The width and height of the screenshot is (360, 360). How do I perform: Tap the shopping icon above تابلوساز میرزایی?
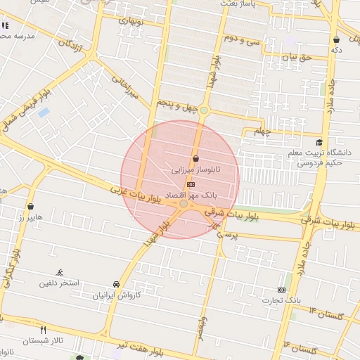195,159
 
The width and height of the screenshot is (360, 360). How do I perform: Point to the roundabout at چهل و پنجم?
204,110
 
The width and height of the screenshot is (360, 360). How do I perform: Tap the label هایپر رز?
32,217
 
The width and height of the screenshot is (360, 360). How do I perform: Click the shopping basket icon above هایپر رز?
31,207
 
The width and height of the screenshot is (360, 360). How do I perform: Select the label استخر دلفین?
60,283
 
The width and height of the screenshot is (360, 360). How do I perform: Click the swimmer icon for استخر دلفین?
59,272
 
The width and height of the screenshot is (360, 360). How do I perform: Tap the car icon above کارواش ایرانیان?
116,284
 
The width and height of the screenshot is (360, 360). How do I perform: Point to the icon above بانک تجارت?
283,290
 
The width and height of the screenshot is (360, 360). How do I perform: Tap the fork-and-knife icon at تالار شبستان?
44,329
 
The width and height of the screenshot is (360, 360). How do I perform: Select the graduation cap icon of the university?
319,142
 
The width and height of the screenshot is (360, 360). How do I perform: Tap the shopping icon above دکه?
337,39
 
